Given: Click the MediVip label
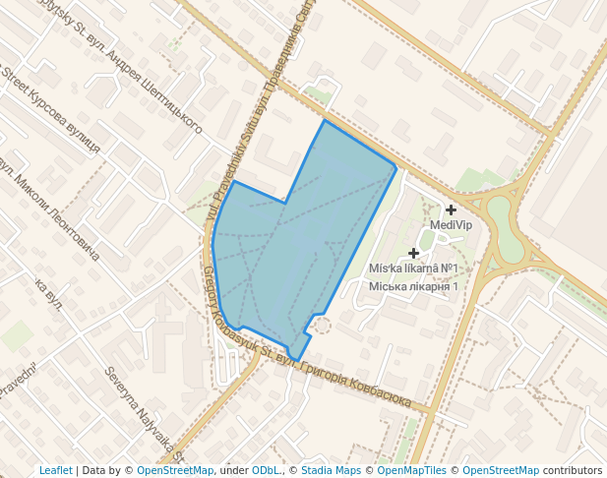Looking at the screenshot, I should [452, 225].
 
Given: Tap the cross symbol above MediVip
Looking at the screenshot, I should [451, 209].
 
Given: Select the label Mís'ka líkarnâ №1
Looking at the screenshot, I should [414, 269].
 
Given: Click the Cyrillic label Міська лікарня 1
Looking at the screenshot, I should [414, 286].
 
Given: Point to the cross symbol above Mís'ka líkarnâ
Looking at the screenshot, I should [414, 253].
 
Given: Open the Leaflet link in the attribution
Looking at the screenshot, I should [55, 470].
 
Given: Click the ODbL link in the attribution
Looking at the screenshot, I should [267, 470].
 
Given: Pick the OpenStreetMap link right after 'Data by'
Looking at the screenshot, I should [175, 470].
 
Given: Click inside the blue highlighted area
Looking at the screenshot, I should [295, 246].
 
